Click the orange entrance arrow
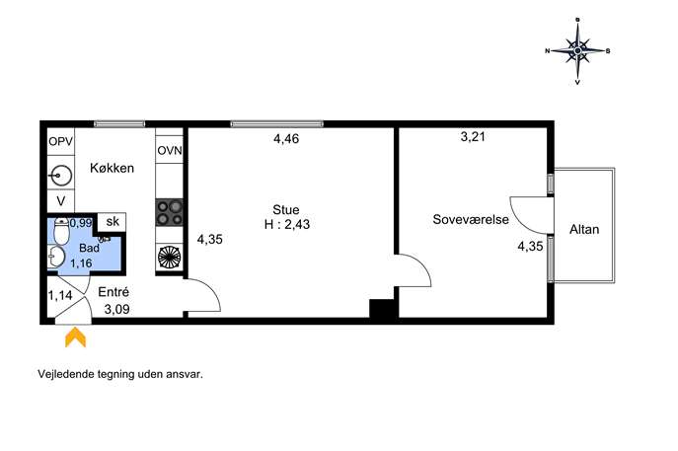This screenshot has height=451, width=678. tap(75, 338)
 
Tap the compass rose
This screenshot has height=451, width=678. tap(577, 51)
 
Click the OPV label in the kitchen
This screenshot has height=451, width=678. tap(61, 141)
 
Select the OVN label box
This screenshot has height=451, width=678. tap(170, 150)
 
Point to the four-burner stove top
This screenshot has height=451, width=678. tap(170, 213)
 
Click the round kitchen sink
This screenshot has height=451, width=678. tap(61, 175)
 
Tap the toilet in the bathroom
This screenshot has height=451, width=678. tap(61, 231)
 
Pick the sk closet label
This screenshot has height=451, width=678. tap(113, 221)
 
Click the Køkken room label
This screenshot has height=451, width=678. tap(112, 168)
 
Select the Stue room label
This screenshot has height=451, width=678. tap(286, 210)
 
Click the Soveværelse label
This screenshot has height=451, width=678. tap(471, 219)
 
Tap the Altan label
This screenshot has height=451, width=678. tap(584, 229)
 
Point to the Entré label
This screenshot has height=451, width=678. tap(113, 292)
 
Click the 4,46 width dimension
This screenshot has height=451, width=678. tap(286, 139)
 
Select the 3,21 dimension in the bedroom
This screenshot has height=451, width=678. tap(473, 136)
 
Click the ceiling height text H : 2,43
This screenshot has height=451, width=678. tap(287, 224)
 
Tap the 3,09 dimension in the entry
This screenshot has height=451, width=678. tap(116, 309)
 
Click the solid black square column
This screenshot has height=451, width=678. tap(381, 309)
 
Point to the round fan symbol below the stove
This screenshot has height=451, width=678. tap(170, 257)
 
